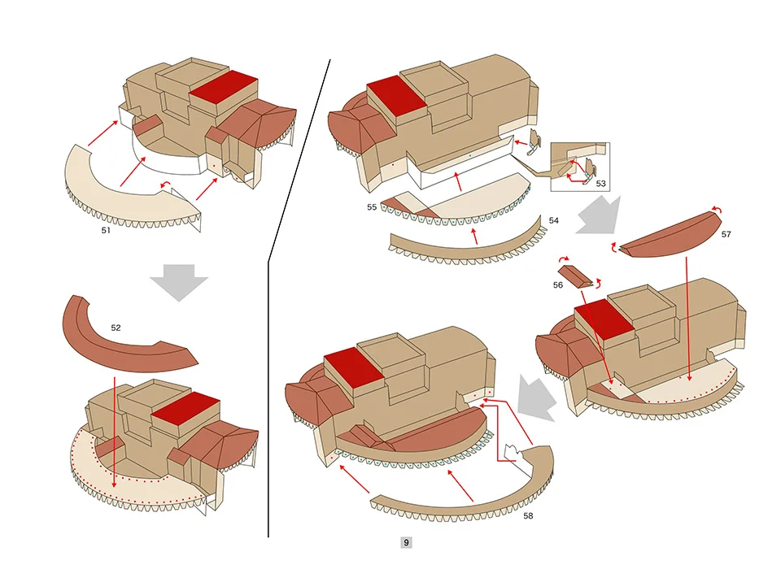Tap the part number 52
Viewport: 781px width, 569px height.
[x=116, y=328]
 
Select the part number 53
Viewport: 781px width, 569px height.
[x=600, y=184]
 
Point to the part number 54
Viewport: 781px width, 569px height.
[x=554, y=220]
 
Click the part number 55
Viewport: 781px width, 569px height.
[x=371, y=207]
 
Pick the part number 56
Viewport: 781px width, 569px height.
[x=557, y=285]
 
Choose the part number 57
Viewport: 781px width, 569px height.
[x=726, y=235]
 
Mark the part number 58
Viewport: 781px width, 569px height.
[x=528, y=515]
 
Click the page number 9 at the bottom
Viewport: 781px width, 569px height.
[x=406, y=542]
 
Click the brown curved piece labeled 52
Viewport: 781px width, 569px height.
[x=122, y=337]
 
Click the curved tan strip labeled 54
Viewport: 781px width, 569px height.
[x=464, y=242]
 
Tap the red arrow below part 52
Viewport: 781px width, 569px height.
[x=115, y=431]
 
